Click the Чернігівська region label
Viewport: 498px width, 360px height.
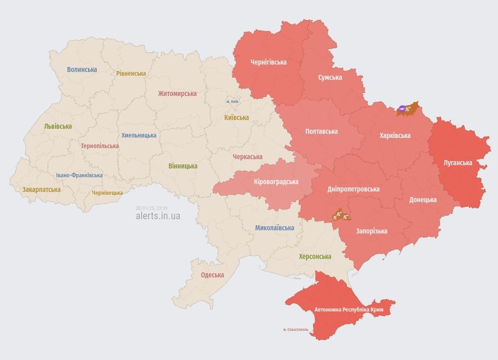[x=268, y=62]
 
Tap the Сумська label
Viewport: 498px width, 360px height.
[x=330, y=78]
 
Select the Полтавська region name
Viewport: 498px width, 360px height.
[x=321, y=132]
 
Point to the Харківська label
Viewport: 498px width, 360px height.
[x=395, y=136]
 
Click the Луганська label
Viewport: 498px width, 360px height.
[x=457, y=163]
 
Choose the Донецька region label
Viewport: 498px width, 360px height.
[x=423, y=200]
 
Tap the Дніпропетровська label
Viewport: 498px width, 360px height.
[x=353, y=189]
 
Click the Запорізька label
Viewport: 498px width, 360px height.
[x=371, y=231]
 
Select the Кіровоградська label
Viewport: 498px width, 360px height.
[x=276, y=182]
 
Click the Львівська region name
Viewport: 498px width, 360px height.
[x=58, y=126]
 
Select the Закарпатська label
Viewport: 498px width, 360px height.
[x=41, y=189]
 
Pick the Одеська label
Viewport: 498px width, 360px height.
[x=212, y=275]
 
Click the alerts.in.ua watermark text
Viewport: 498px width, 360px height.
[x=158, y=216]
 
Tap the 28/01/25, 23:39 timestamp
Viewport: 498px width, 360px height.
[x=151, y=208]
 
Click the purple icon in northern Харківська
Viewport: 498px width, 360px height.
[x=402, y=109]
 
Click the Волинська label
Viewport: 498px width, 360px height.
[x=82, y=70]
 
